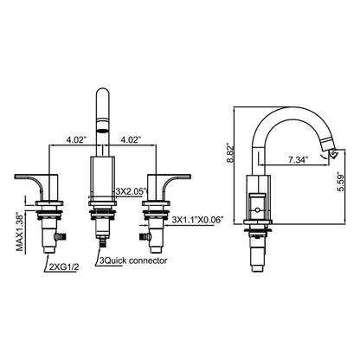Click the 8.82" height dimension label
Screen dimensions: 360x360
231,152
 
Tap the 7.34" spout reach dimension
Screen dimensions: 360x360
299,160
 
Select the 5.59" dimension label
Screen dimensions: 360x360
341,183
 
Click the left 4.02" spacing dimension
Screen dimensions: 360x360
76,139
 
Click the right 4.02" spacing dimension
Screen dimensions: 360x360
131,139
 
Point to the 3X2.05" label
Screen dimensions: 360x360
132,190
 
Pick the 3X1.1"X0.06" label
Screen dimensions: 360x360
198,220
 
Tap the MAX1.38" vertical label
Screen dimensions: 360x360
20,233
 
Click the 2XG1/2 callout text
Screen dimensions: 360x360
64,267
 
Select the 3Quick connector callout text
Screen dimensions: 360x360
133,260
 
